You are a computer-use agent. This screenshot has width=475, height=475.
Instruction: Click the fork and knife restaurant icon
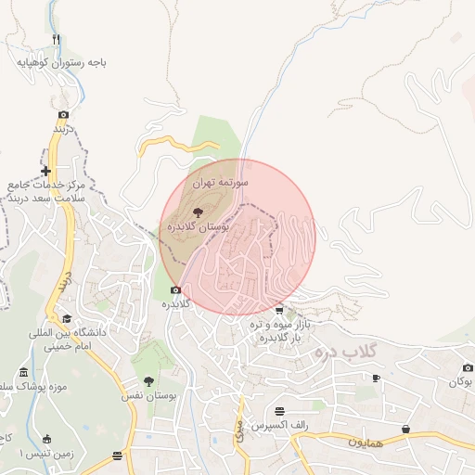(56, 39)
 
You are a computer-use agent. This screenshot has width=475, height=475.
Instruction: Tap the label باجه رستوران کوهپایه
(60, 63)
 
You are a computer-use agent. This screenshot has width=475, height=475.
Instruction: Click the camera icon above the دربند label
(63, 115)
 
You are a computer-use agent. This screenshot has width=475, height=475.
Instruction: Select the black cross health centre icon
(45, 171)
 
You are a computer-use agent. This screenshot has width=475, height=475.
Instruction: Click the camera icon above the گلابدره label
(175, 290)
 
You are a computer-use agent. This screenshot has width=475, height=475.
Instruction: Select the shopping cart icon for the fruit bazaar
(279, 310)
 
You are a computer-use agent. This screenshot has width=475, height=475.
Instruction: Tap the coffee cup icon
(376, 378)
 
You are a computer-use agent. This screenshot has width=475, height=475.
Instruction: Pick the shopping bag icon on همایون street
(406, 429)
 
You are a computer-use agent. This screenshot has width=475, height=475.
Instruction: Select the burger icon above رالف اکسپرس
(279, 410)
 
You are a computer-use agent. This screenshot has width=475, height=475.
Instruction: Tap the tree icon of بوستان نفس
(148, 380)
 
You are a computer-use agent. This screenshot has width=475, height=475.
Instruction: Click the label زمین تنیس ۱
(28, 454)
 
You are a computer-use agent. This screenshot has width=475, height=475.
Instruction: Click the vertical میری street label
(238, 429)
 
